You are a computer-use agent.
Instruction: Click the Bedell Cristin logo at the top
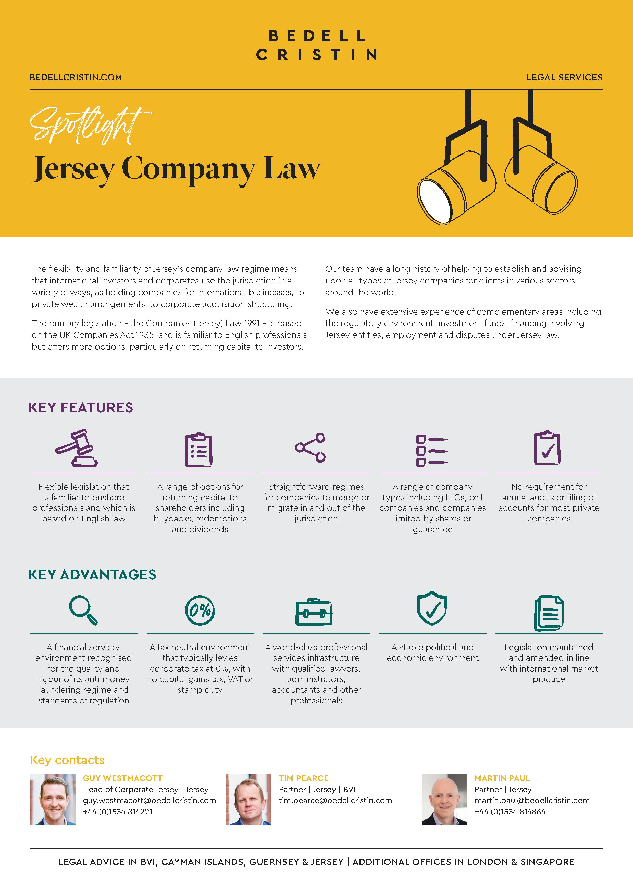point(316,45)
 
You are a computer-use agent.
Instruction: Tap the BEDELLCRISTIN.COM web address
point(76,78)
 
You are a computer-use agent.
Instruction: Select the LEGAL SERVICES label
point(564,78)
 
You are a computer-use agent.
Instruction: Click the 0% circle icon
point(200,611)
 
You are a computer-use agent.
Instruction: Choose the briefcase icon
point(314,612)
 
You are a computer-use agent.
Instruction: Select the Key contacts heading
point(67,760)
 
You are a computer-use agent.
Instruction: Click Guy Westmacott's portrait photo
point(53,800)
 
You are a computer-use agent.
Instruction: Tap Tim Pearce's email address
point(335,801)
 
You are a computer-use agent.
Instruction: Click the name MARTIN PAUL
point(502,778)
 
